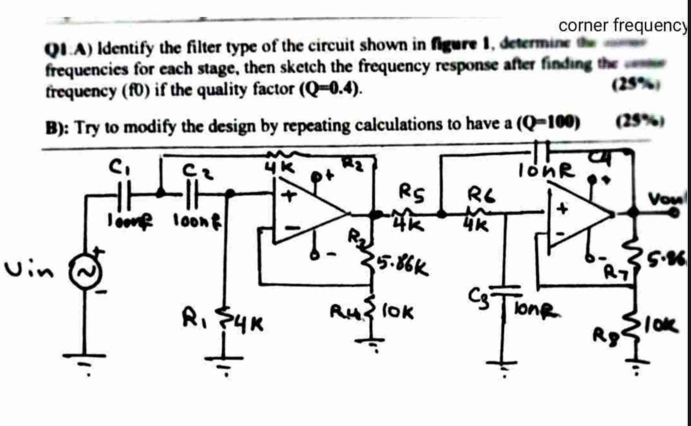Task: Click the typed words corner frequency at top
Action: [x=623, y=26]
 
